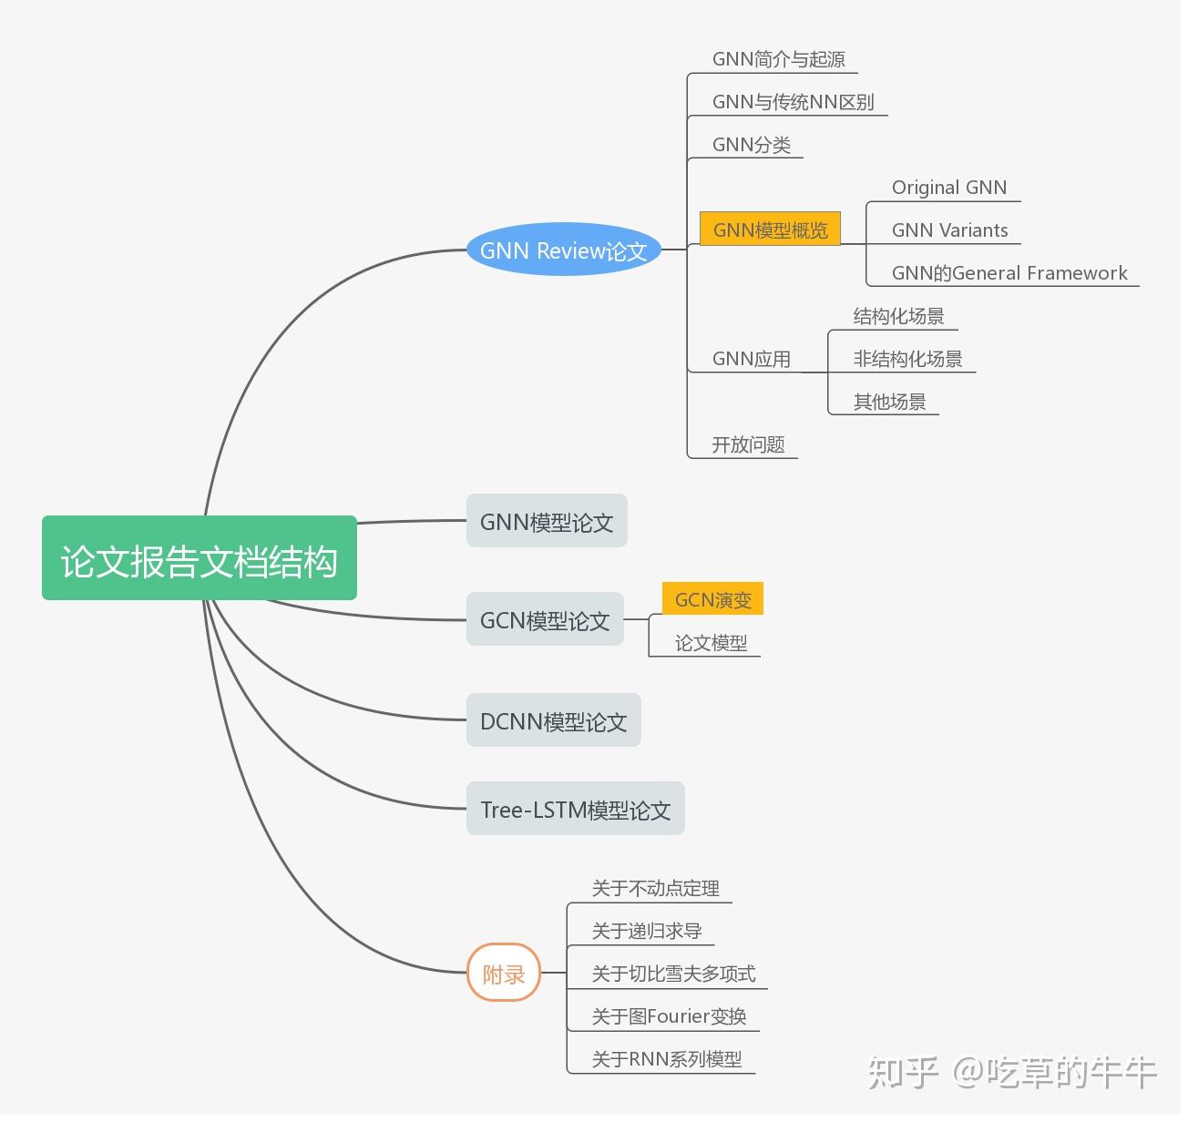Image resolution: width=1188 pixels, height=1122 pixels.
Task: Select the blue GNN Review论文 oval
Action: [563, 250]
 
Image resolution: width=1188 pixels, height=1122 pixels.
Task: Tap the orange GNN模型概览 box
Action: [770, 229]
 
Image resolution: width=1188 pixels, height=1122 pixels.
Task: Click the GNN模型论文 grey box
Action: [547, 522]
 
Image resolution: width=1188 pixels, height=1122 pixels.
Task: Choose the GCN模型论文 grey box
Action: [545, 620]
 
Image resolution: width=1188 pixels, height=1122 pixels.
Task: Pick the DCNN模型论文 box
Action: [553, 721]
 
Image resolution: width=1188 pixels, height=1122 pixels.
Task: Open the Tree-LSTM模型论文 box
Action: [575, 810]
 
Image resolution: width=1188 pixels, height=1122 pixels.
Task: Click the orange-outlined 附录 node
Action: [504, 974]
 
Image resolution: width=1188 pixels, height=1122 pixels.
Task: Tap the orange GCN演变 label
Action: [712, 600]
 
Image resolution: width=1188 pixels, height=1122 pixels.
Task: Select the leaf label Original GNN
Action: [948, 188]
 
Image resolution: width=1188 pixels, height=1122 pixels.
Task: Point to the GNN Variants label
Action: [949, 230]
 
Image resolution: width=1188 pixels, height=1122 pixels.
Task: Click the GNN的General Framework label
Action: [1009, 273]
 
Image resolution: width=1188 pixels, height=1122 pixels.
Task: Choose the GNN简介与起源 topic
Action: [778, 59]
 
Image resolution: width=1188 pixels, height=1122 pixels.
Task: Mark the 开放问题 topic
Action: [748, 444]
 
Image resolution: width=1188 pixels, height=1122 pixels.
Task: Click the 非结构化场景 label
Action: [907, 359]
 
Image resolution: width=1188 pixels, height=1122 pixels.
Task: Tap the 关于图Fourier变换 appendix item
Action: [669, 1016]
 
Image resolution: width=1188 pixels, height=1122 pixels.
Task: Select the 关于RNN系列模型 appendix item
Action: [666, 1059]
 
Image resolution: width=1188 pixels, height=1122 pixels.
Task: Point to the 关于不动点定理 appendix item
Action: [655, 888]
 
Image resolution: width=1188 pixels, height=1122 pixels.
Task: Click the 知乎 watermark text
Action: [903, 1072]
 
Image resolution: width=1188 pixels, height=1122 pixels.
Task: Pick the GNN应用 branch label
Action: [751, 359]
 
